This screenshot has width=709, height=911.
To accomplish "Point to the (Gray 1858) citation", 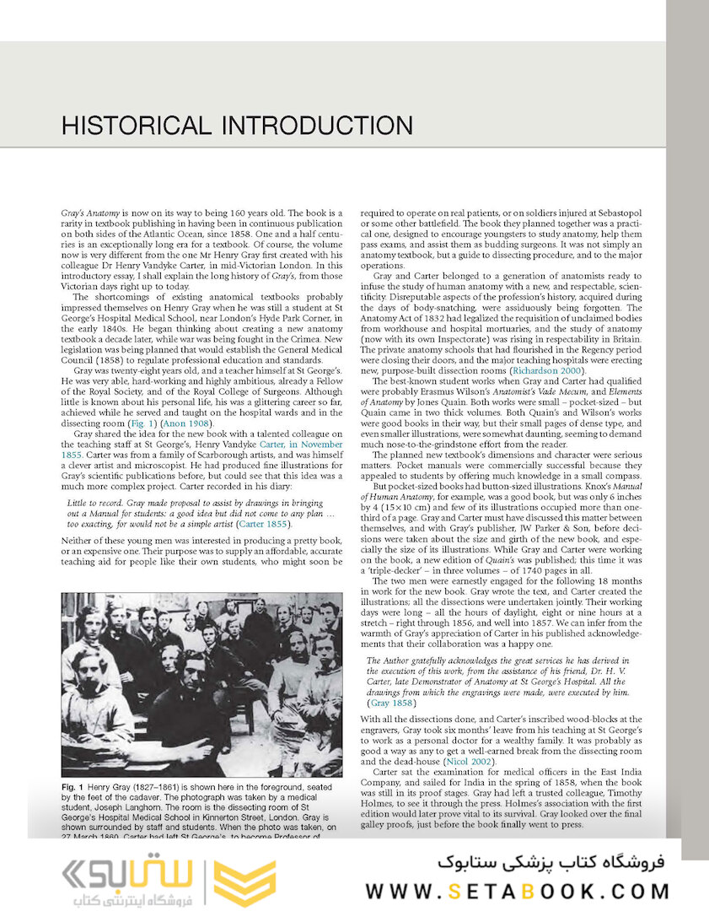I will pyautogui.click(x=390, y=703).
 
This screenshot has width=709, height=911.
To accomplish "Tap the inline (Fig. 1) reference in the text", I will pyautogui.click(x=145, y=423).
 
